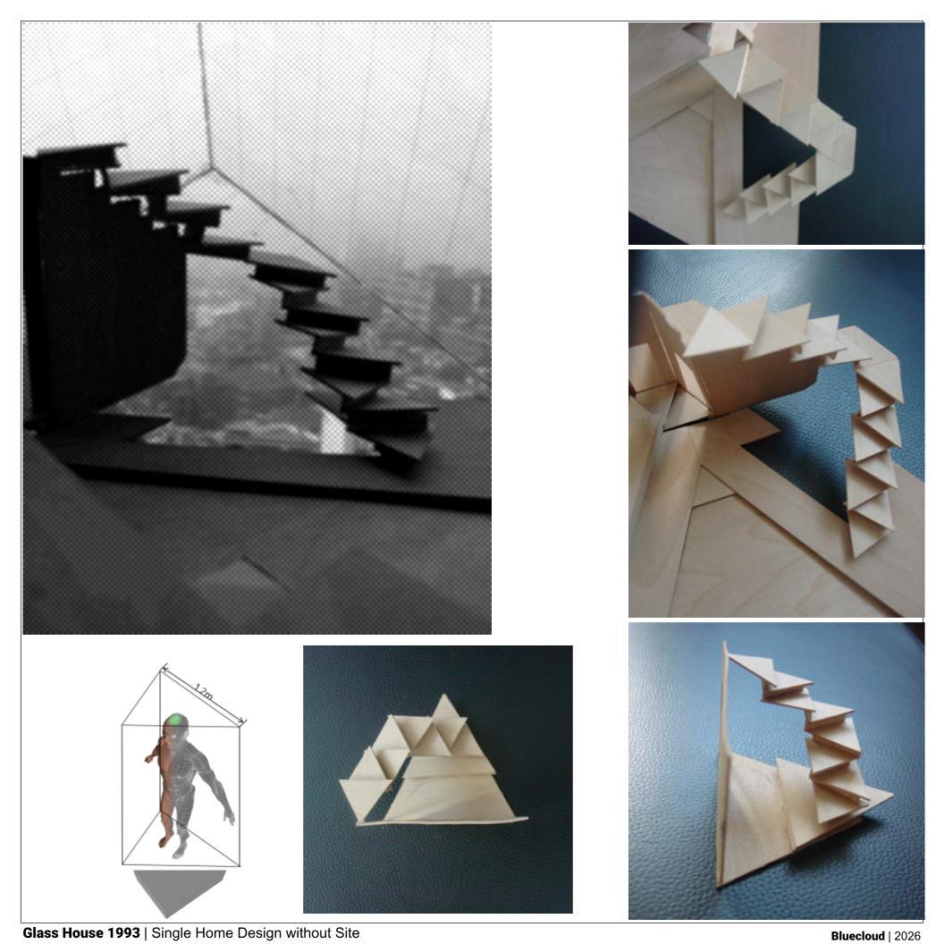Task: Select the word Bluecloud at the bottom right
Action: click(857, 936)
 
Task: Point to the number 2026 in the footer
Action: click(907, 936)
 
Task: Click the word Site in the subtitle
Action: click(347, 933)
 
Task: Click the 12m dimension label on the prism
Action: click(204, 692)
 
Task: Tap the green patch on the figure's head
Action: click(176, 720)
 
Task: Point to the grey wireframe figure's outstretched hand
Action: click(229, 816)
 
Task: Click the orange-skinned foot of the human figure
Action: click(163, 841)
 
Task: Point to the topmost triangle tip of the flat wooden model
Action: click(444, 695)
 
